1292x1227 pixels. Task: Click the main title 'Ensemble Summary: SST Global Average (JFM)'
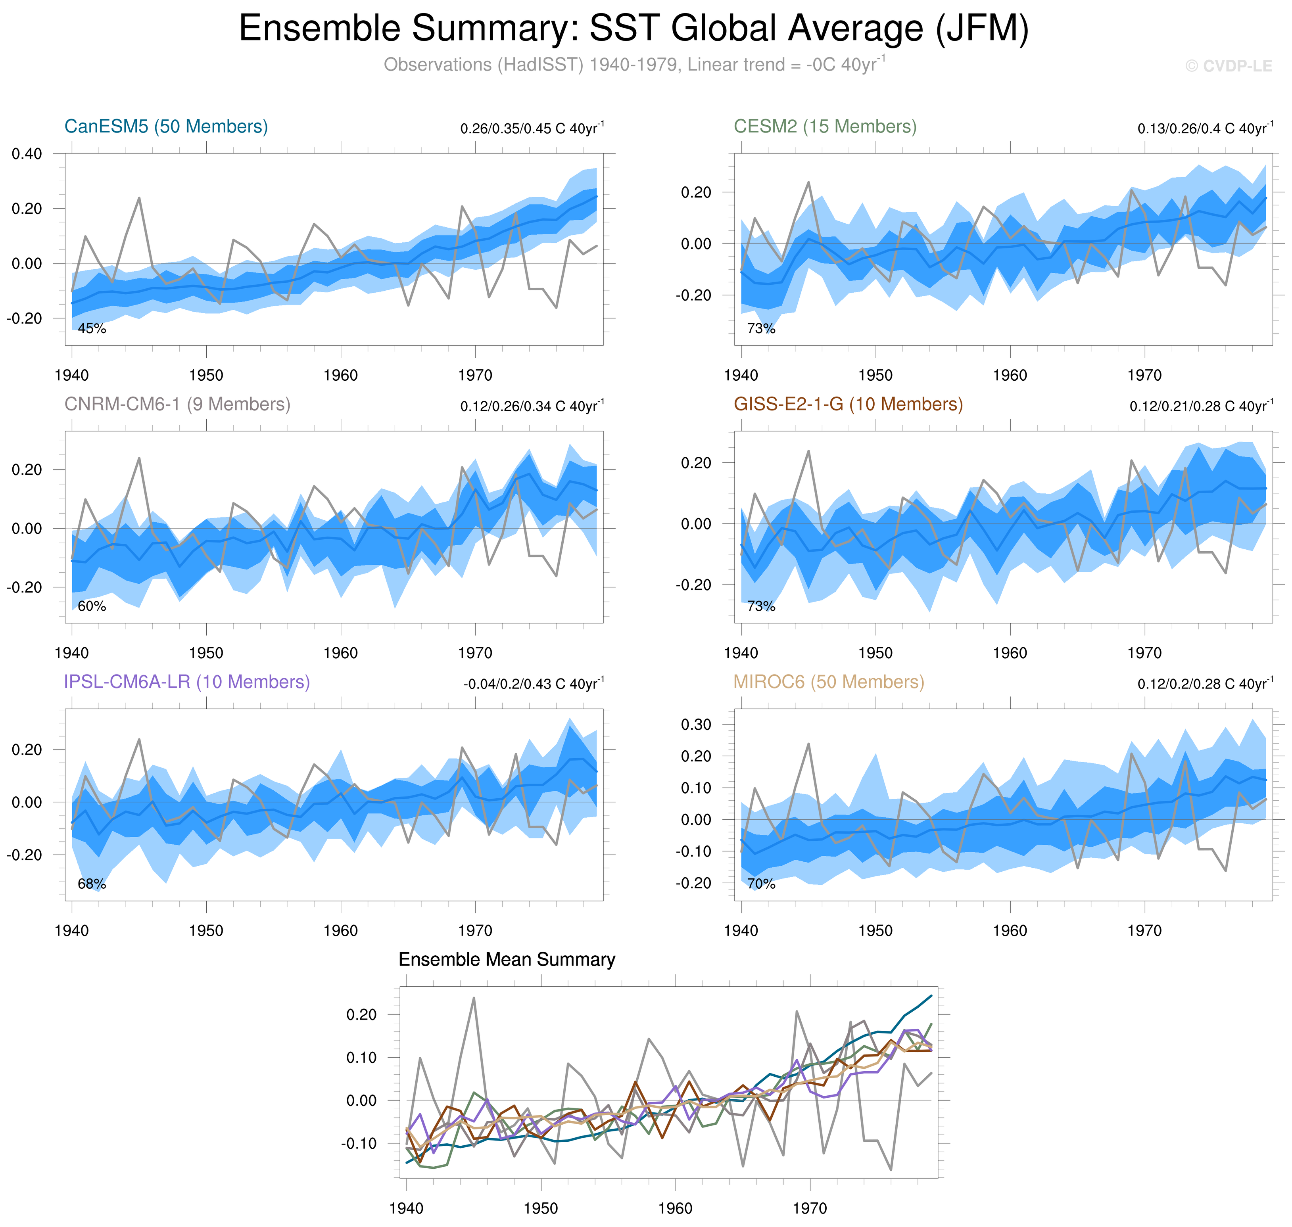633,29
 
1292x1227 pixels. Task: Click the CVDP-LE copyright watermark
1229,66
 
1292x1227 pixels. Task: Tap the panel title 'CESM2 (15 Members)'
825,126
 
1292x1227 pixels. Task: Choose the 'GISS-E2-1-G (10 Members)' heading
848,404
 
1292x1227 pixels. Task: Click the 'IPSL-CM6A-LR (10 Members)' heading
186,682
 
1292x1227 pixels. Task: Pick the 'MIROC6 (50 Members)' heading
828,682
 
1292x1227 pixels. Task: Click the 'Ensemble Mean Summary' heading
506,959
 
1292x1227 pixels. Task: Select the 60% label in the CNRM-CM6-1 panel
92,606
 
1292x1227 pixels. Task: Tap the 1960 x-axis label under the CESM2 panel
1010,376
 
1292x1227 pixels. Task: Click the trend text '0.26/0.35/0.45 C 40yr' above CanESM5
531,128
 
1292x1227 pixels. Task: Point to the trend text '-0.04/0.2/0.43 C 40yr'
533,684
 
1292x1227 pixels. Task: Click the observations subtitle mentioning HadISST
633,65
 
